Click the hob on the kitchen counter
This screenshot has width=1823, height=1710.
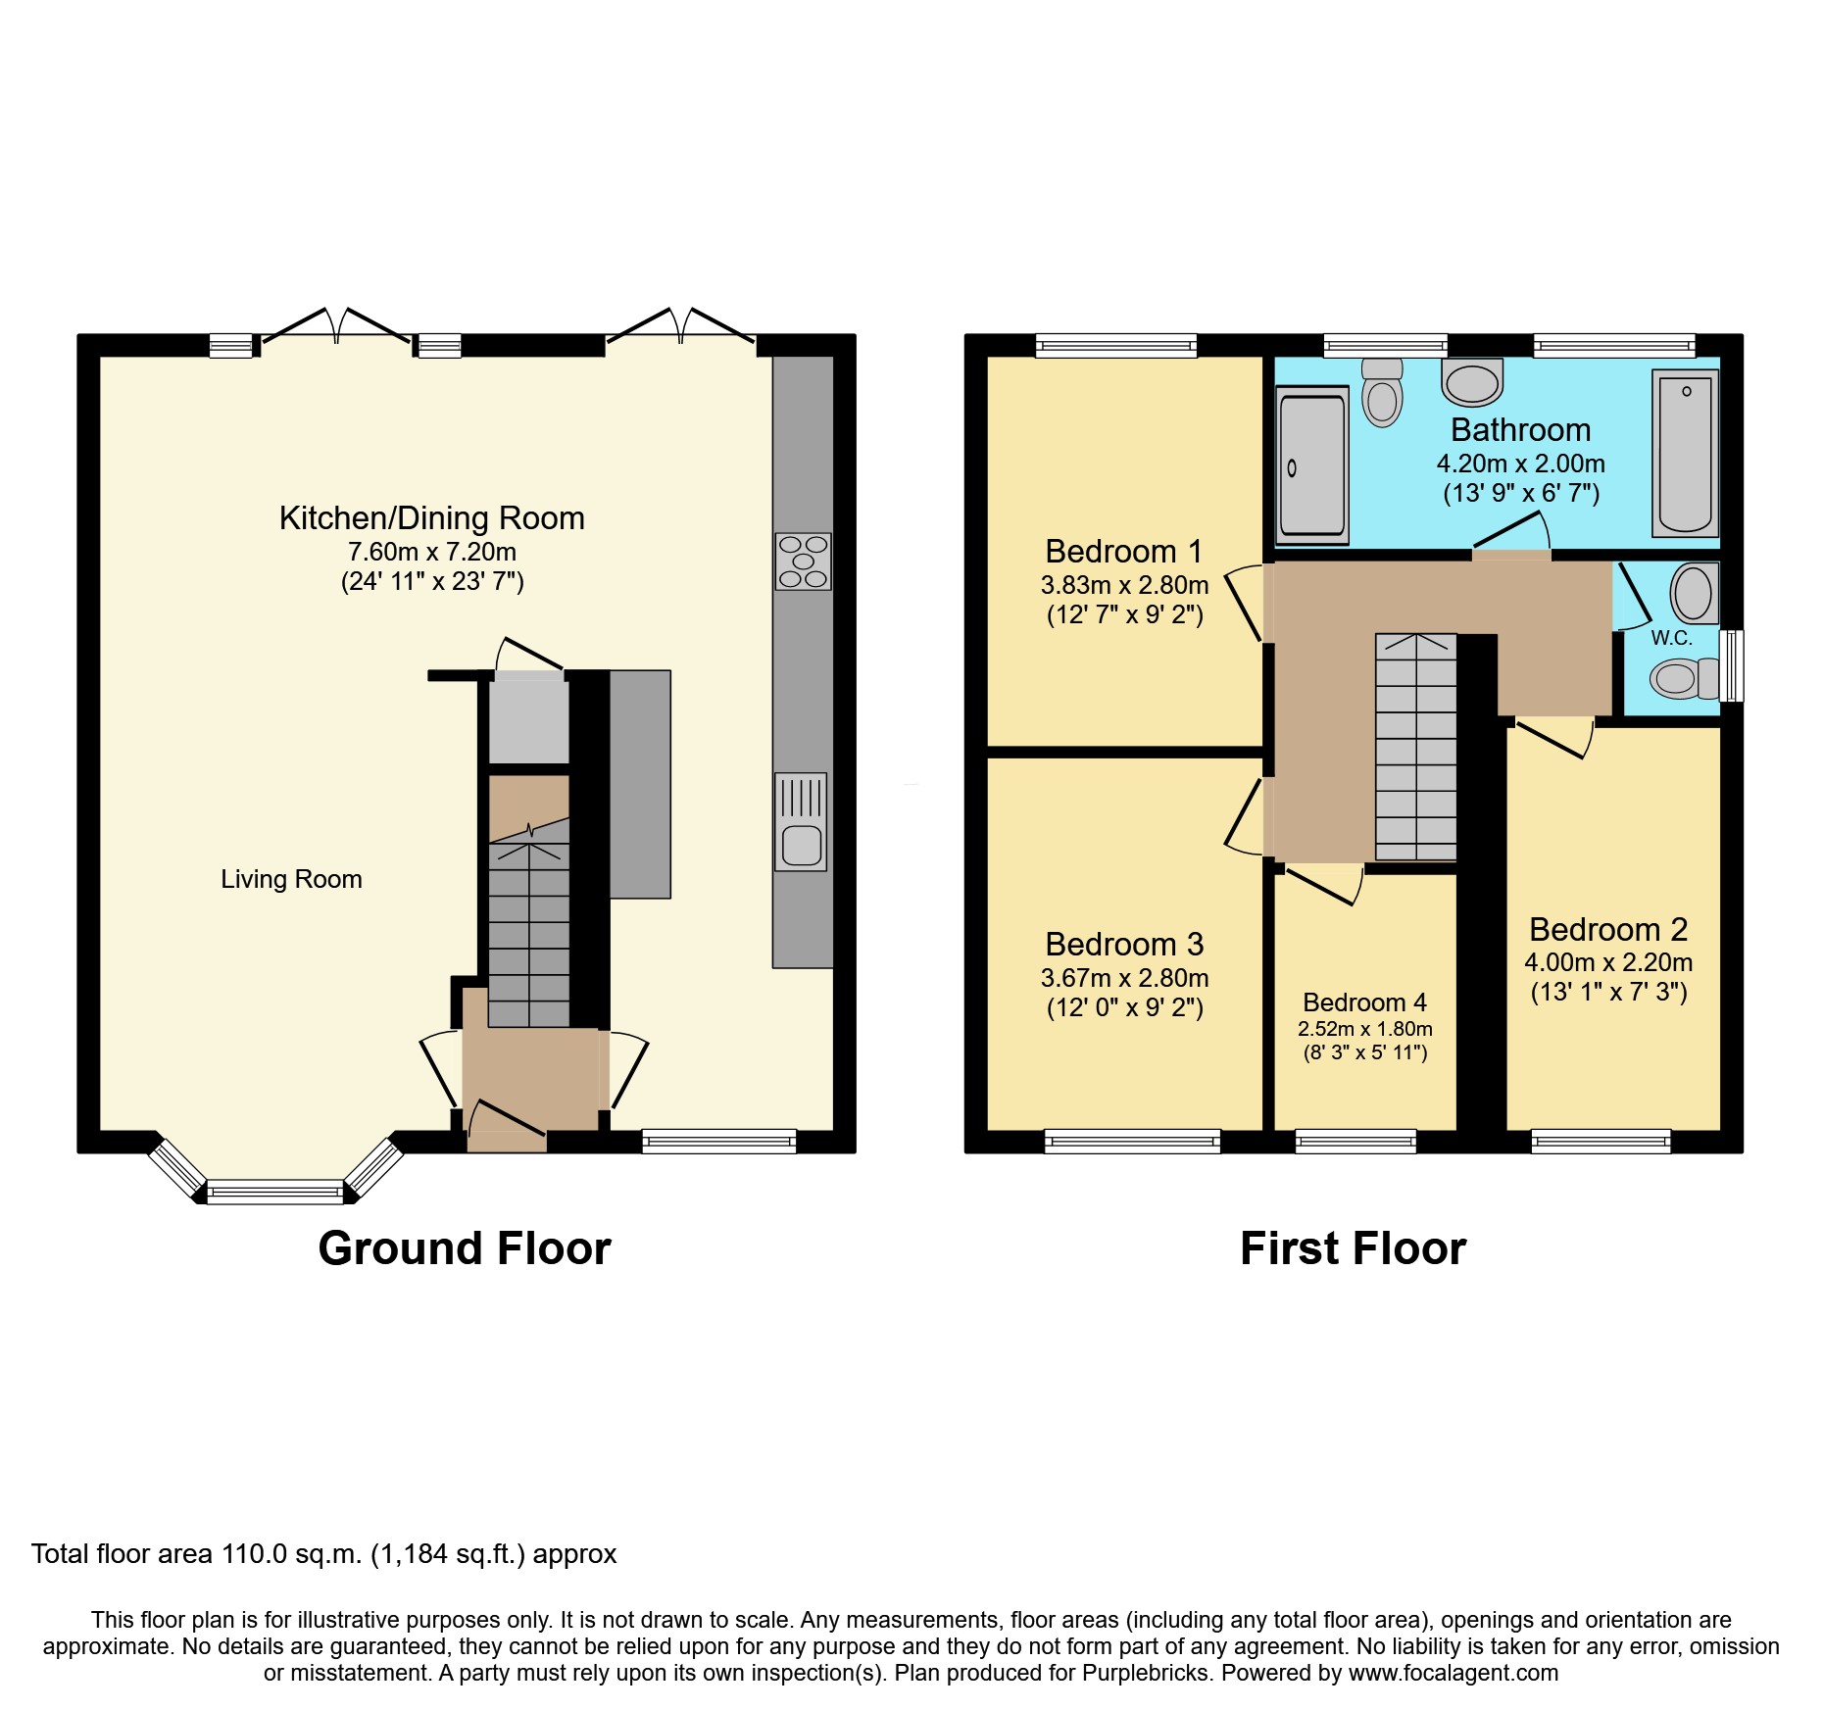(803, 561)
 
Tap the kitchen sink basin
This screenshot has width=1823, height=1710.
(802, 845)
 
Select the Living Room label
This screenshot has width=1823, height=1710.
(291, 879)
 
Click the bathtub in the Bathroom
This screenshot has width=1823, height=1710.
(1685, 453)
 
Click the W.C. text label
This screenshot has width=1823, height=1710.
(1671, 638)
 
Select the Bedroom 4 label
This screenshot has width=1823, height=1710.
(1363, 1002)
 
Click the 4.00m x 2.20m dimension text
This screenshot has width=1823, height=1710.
(1607, 962)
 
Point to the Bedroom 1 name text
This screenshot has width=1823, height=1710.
(1123, 552)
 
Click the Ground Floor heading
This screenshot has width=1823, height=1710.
(465, 1248)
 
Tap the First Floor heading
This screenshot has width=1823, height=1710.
(1353, 1248)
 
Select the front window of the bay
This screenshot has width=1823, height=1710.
(275, 1193)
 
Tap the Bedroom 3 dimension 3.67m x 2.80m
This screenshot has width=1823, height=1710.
(1123, 978)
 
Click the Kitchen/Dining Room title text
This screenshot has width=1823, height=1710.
(431, 517)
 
